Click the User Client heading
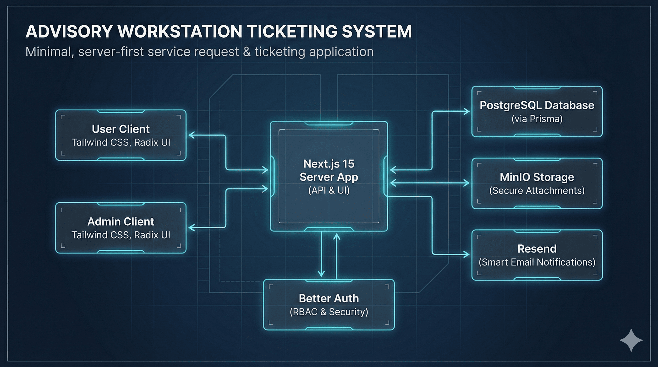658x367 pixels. coord(121,129)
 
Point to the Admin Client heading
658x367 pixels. coord(121,221)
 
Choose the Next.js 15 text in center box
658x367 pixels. coord(329,164)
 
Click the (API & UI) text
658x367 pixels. coord(329,190)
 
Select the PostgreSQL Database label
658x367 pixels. coord(537,105)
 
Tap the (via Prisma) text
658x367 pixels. coord(537,119)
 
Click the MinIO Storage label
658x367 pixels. coord(537,177)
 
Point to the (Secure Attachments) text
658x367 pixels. coord(537,191)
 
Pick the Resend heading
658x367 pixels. coord(537,249)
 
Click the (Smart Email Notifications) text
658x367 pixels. coord(537,262)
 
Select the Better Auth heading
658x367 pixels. coord(329,298)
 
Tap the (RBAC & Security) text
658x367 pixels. coord(329,312)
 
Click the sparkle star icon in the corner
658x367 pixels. coord(631,340)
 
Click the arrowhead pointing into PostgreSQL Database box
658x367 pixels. coord(467,111)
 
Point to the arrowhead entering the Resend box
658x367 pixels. coord(467,254)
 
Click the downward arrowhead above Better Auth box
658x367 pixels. coord(321,274)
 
